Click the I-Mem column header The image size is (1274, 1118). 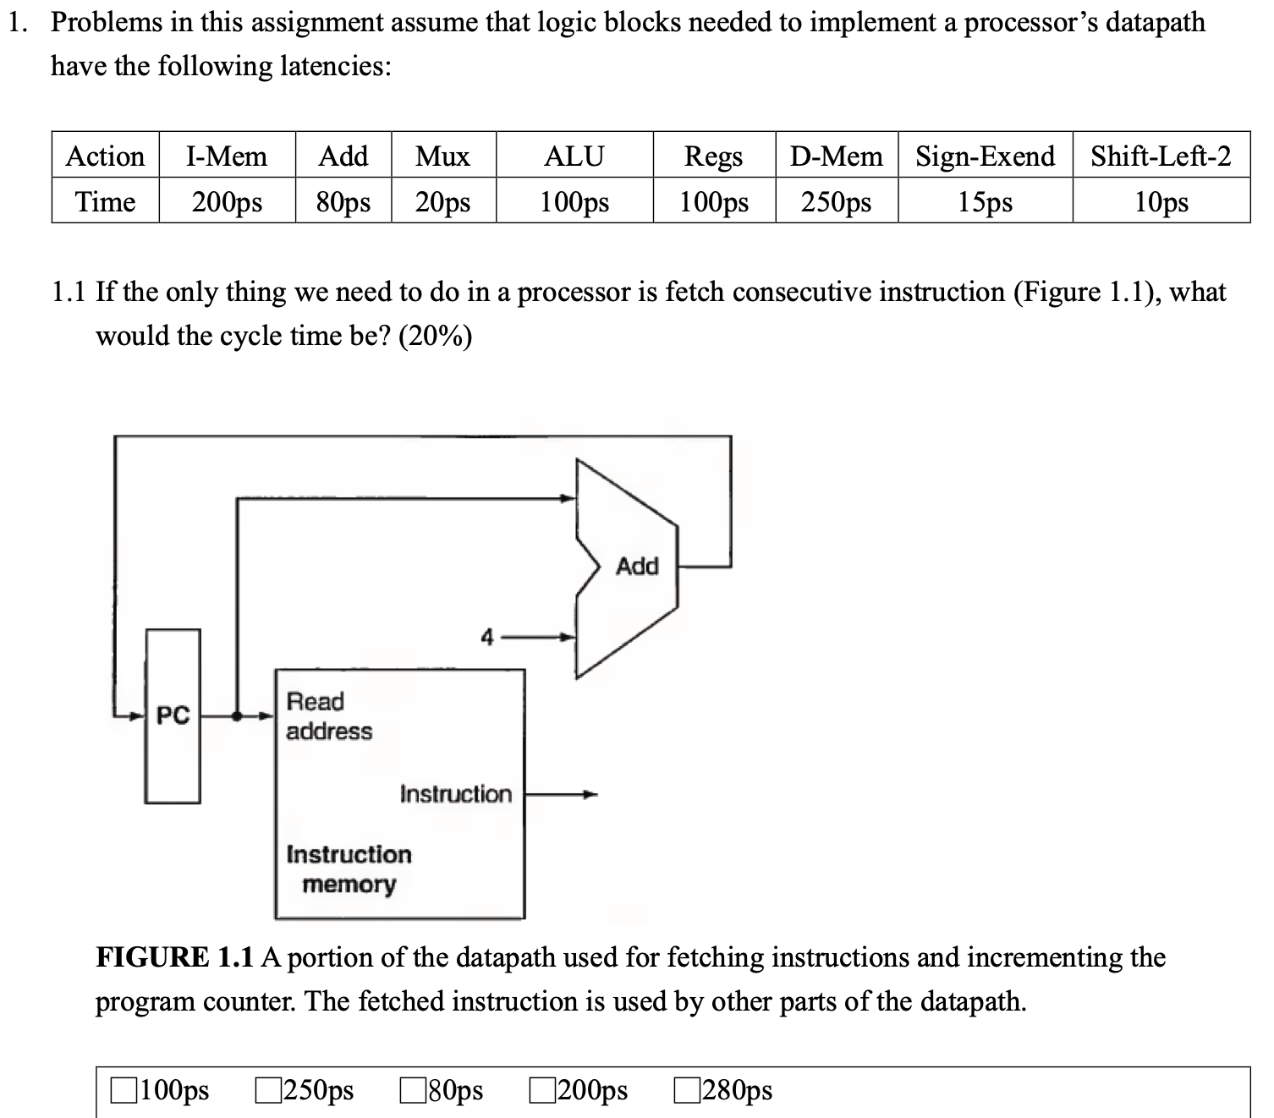pos(226,156)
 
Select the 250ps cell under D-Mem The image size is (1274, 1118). pos(836,202)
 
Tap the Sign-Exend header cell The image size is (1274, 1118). pos(985,156)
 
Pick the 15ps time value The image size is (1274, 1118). pos(985,202)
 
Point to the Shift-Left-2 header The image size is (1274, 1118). pos(1160,156)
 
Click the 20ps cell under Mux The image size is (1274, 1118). pos(442,202)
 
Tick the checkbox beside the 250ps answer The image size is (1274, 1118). pos(268,1090)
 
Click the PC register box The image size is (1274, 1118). pos(173,715)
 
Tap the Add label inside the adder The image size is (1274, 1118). pos(637,566)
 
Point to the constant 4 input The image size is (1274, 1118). pos(486,637)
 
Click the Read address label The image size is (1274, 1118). pos(328,716)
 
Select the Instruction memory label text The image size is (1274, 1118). pos(349,869)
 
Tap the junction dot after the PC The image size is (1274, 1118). pos(238,716)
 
